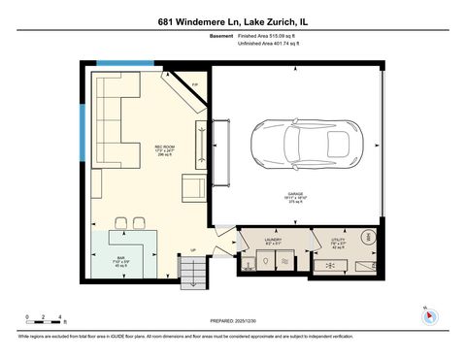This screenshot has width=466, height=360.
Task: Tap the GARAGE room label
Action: click(x=297, y=196)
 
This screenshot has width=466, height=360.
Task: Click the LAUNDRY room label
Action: click(x=273, y=240)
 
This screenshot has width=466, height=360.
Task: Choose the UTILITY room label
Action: click(x=338, y=240)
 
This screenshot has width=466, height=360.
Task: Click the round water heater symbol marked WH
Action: click(x=369, y=238)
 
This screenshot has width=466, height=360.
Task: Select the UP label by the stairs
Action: click(x=193, y=250)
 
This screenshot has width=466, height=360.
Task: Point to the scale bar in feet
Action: click(x=45, y=319)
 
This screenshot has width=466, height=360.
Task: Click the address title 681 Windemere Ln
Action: click(x=233, y=20)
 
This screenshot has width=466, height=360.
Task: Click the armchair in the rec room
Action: click(x=193, y=187)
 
